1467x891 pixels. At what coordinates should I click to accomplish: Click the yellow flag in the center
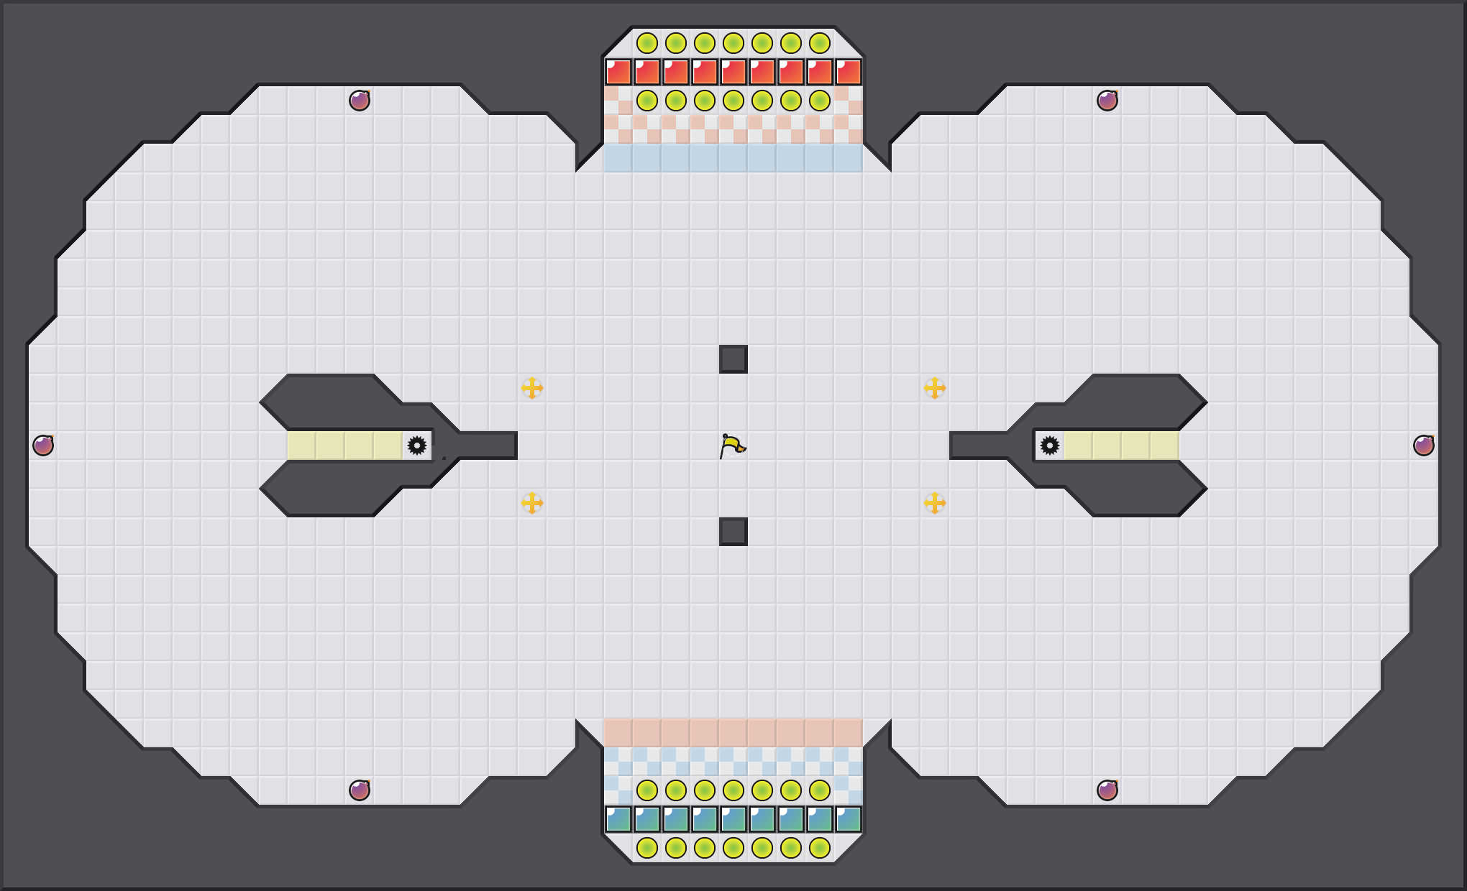point(732,446)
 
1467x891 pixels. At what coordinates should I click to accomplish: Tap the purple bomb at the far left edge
point(43,445)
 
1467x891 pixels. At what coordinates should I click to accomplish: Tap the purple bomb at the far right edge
point(1424,445)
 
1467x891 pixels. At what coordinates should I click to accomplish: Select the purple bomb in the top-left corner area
point(360,101)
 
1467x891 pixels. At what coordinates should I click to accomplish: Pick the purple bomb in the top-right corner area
point(1107,101)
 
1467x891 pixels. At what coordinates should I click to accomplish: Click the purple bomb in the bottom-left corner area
point(360,790)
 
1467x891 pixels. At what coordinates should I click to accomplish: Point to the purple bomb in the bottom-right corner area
point(1107,790)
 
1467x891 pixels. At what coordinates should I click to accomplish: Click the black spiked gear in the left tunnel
point(417,445)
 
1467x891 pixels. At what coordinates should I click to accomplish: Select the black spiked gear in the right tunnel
point(1050,445)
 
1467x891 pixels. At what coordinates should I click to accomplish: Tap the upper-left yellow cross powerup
point(532,388)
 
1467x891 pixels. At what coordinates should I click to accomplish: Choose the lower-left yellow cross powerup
point(532,503)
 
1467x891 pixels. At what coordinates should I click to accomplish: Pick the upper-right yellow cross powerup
point(935,388)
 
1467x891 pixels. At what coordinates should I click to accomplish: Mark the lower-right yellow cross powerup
point(935,503)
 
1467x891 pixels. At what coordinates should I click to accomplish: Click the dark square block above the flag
point(733,359)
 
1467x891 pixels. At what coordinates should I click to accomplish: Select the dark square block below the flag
point(733,532)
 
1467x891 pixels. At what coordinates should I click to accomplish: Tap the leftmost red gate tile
point(618,72)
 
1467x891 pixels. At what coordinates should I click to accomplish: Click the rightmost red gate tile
point(849,72)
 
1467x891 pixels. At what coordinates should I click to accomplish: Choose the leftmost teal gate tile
point(618,819)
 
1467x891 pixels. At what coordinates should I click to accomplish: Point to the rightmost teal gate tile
point(849,819)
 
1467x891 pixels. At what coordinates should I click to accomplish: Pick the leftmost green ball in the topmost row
point(647,43)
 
